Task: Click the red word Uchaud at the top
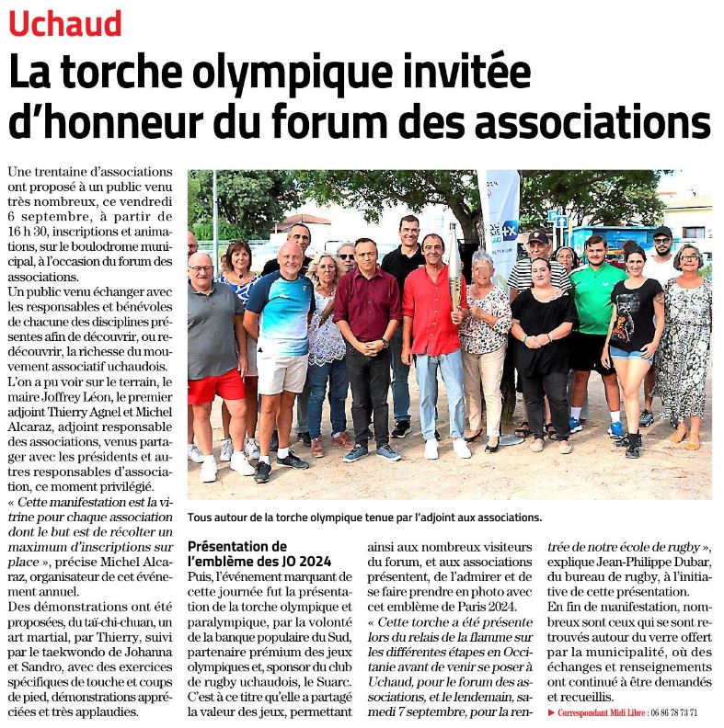click(65, 22)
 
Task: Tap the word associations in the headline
click(594, 122)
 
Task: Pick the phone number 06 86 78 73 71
click(672, 712)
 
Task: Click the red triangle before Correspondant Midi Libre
click(550, 712)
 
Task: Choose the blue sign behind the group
click(557, 220)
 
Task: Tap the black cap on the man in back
click(661, 233)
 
